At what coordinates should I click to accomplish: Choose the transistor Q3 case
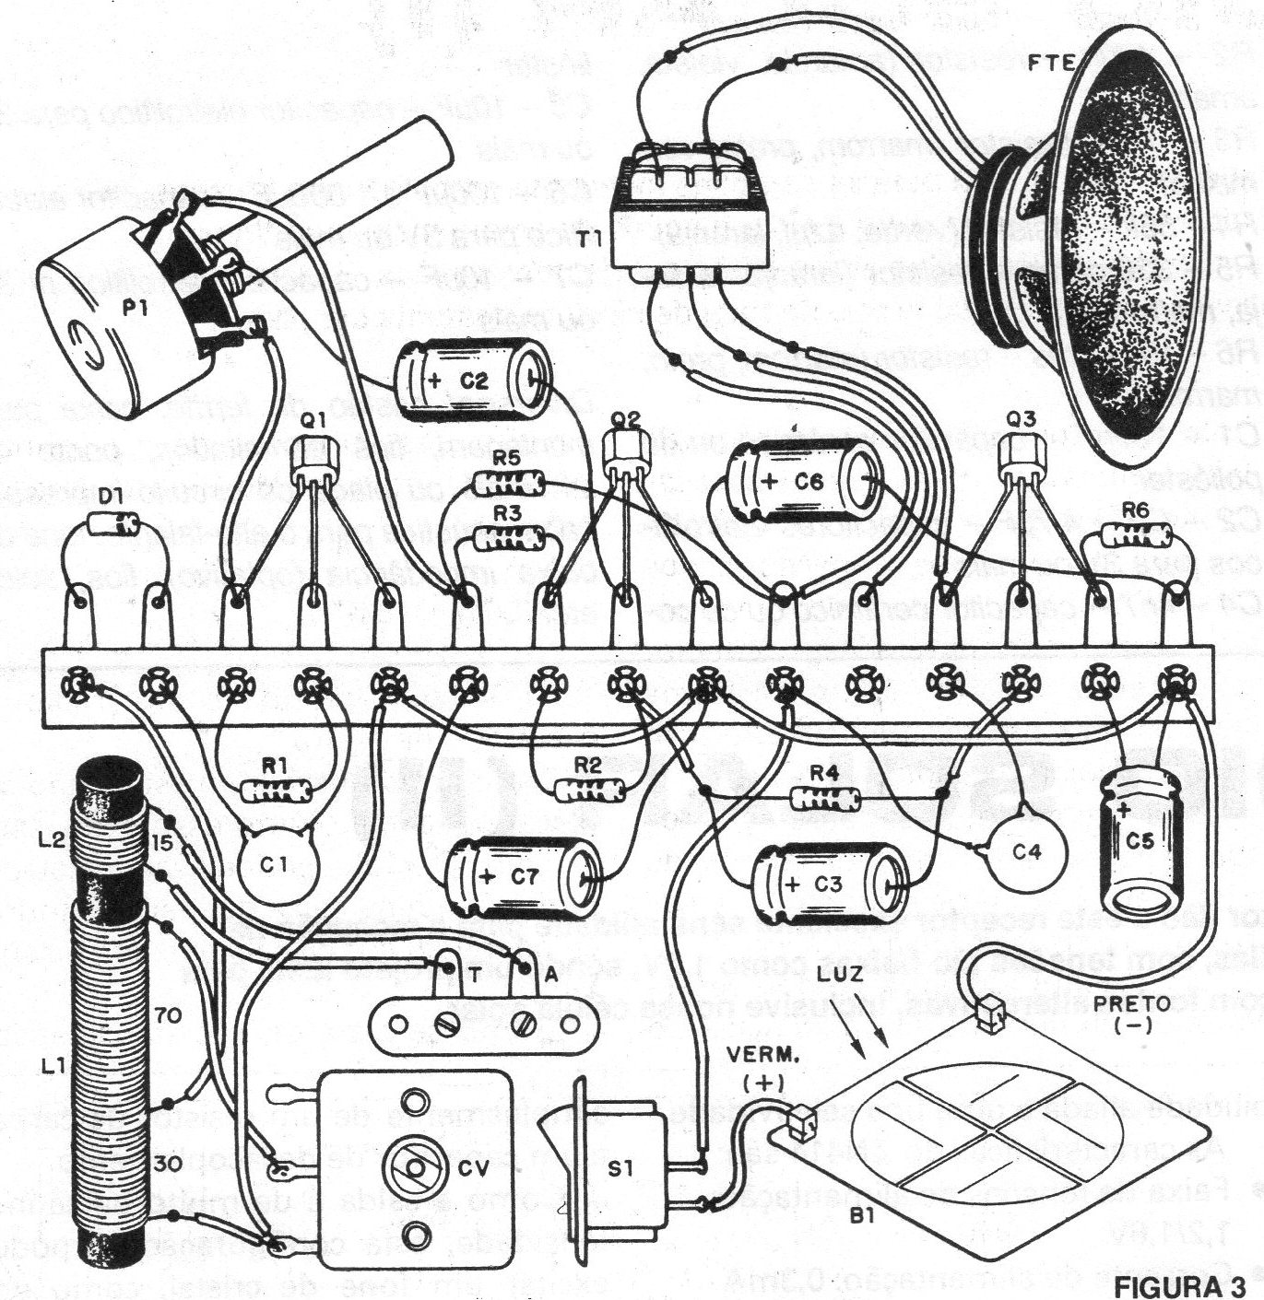[x=1022, y=451]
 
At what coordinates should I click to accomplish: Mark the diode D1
[x=114, y=526]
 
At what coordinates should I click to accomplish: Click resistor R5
[x=508, y=481]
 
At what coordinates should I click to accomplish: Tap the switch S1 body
[x=621, y=1170]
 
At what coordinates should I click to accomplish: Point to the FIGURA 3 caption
[x=1188, y=1283]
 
